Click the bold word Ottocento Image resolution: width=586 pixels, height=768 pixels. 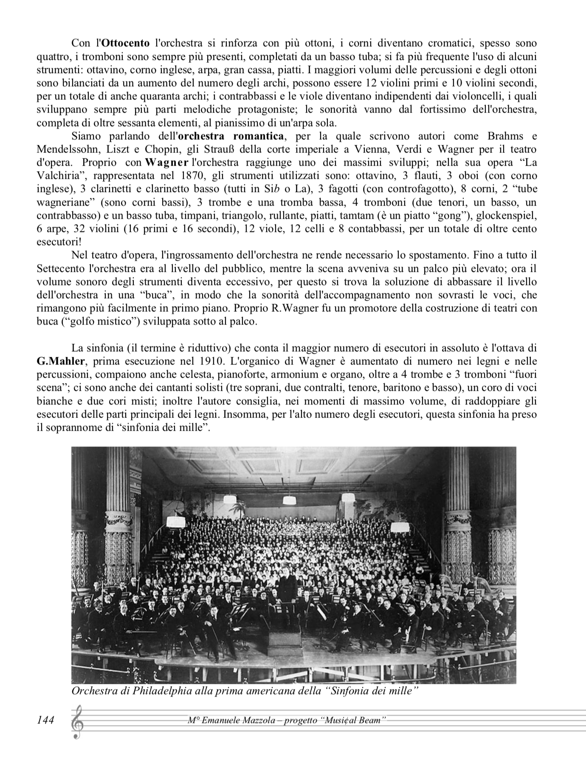click(126, 43)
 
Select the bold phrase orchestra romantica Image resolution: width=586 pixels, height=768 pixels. click(231, 136)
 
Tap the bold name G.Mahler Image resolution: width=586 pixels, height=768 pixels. click(61, 361)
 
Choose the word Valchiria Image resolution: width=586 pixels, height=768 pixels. click(59, 176)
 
